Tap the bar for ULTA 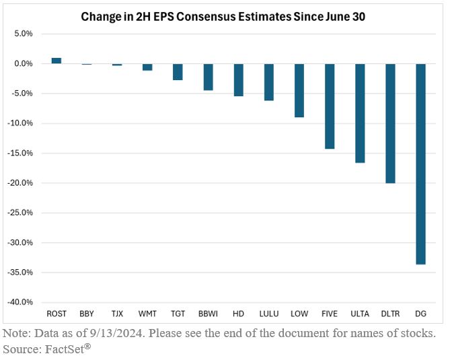pos(360,113)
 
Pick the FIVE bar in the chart pos(330,106)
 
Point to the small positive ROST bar pos(56,61)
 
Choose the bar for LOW pos(299,90)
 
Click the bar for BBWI pos(208,77)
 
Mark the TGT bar pos(178,71)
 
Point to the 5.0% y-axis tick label pos(26,34)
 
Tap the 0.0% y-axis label pos(26,63)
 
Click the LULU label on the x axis pos(268,314)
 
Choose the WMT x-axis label pos(147,314)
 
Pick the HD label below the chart pos(238,314)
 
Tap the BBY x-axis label pos(87,314)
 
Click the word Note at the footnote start pos(16,333)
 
